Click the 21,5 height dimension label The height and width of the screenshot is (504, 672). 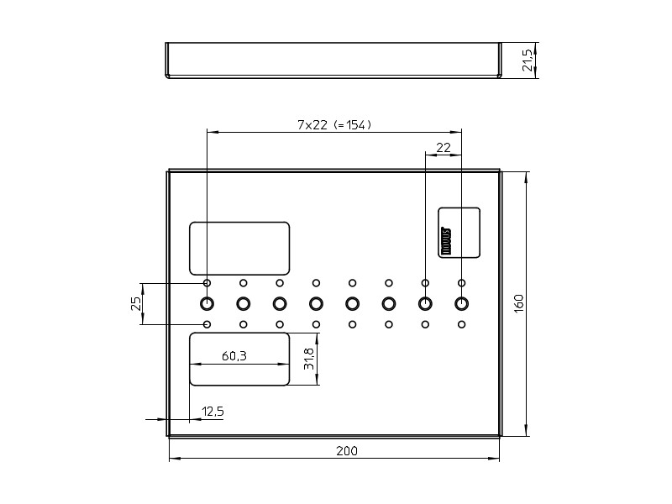point(528,60)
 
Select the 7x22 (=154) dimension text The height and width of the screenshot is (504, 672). point(334,124)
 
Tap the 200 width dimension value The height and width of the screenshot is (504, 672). point(346,451)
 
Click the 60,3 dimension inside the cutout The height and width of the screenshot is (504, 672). point(234,356)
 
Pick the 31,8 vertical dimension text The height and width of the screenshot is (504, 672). point(309,360)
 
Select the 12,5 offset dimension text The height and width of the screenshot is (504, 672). point(213,411)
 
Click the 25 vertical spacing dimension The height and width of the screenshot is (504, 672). point(136,303)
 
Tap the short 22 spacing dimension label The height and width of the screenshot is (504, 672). point(444,147)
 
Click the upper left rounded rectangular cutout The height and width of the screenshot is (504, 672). point(239,248)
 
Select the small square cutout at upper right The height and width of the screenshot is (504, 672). point(459,232)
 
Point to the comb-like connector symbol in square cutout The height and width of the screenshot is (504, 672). point(446,240)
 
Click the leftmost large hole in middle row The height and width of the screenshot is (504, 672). point(207,303)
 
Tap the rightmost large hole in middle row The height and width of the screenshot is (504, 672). point(461,303)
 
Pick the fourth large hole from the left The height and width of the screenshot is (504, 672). point(316,303)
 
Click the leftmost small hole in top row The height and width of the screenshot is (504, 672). point(207,283)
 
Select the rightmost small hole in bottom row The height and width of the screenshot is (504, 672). point(461,324)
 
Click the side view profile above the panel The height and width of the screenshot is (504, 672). point(333,60)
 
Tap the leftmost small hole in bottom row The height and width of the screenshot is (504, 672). point(207,324)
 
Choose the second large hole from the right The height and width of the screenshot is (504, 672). point(425,303)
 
